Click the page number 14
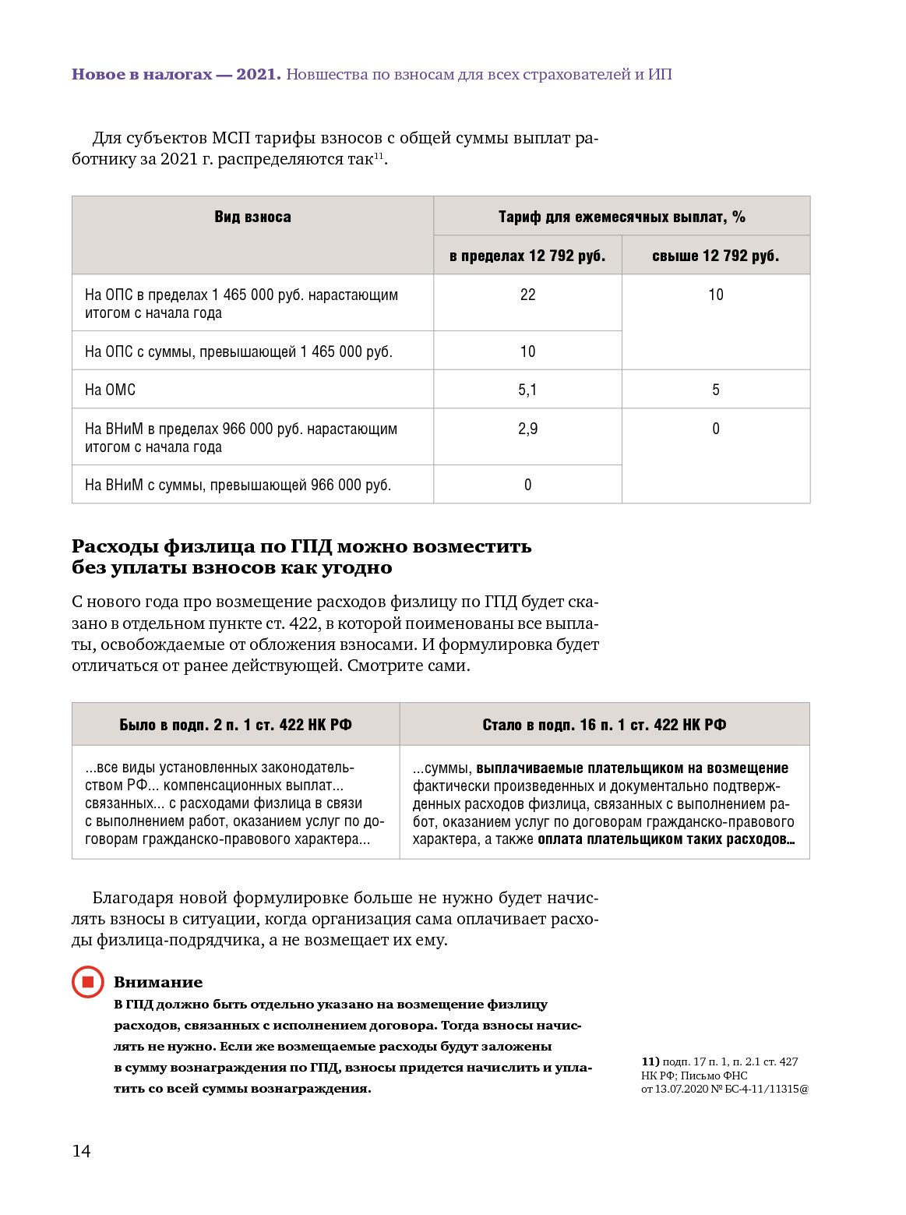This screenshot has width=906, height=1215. pos(81,1151)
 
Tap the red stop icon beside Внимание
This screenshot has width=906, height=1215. pos(88,982)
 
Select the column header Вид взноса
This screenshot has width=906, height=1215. pos(252,217)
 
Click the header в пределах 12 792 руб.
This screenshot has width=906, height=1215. pos(527,256)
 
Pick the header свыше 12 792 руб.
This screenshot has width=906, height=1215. pos(715,256)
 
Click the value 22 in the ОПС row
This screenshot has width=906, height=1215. pos(527,295)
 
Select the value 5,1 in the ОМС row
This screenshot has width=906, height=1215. pos(527,390)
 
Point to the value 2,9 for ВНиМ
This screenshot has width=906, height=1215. pos(527,429)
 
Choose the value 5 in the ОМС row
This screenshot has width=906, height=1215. pos(715,390)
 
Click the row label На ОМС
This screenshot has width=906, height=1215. pos(110,390)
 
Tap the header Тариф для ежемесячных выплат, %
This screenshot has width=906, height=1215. pos(622,217)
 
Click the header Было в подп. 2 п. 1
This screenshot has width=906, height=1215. pos(235,725)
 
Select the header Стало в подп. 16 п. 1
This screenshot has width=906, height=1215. pos(604,725)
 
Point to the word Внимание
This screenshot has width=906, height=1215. pos(158,982)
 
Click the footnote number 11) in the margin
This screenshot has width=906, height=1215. pos(650,1061)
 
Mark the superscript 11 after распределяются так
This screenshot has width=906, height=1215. pos(379,156)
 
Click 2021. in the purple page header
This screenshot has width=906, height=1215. pos(259,75)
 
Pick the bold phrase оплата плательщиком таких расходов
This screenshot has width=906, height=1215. pos(665,839)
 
